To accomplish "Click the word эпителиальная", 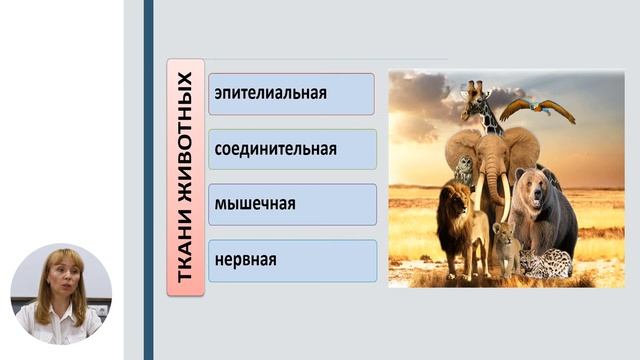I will (x=270, y=94).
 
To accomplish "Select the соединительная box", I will (x=275, y=149).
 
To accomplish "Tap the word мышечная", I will (x=254, y=204).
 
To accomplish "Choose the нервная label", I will (x=245, y=260).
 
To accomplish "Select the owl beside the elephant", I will (x=464, y=171).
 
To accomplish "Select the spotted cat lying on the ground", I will (x=545, y=264).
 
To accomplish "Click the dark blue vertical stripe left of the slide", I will (x=148, y=180).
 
